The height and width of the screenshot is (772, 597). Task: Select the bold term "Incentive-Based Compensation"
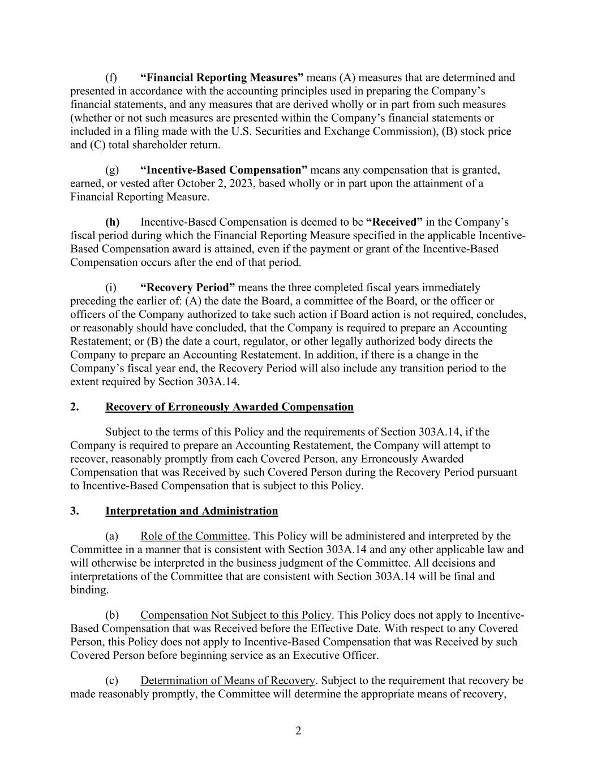point(224,170)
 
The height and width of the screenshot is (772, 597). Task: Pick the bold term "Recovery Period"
point(187,288)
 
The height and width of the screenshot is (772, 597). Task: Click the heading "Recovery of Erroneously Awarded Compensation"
point(229,407)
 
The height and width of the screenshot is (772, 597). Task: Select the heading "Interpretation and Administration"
point(191,511)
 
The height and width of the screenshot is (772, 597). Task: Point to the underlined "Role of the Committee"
point(194,536)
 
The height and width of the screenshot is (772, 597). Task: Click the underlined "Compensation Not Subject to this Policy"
point(235,615)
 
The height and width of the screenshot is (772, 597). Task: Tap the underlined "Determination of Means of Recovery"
point(227,680)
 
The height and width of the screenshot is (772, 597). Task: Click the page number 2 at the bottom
point(298,731)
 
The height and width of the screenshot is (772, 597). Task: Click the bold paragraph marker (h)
point(112,222)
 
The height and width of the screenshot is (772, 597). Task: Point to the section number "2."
point(75,407)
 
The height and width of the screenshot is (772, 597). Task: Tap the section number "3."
point(75,511)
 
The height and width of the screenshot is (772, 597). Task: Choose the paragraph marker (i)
point(111,288)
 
